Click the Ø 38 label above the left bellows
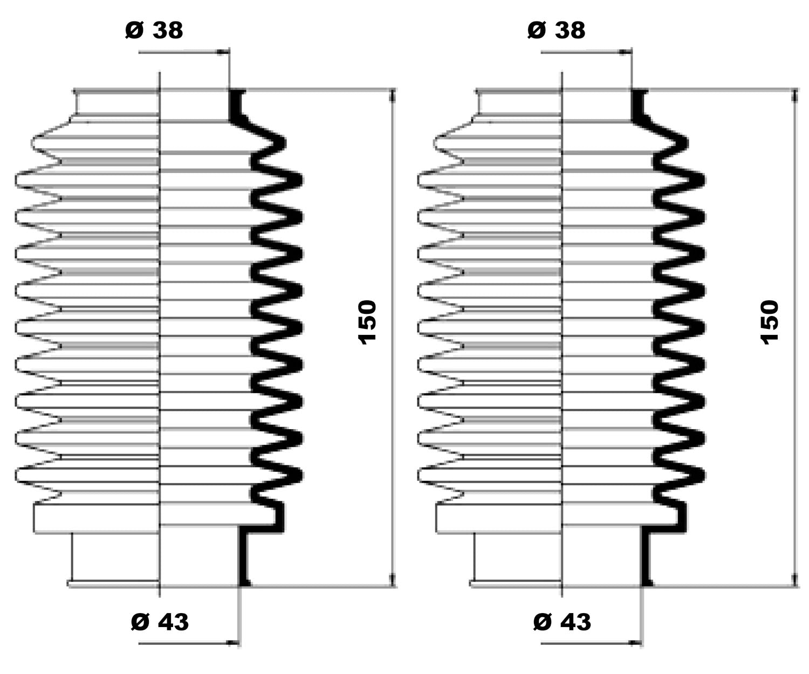tap(154, 30)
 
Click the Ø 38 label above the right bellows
tap(556, 30)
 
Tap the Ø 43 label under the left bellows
tap(160, 622)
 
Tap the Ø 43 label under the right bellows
tap(562, 622)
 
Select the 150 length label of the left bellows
tap(367, 322)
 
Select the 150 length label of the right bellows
tap(770, 322)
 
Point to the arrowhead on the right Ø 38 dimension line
tap(625, 52)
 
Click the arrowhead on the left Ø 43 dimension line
tap(232, 643)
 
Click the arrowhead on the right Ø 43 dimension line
tap(635, 643)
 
